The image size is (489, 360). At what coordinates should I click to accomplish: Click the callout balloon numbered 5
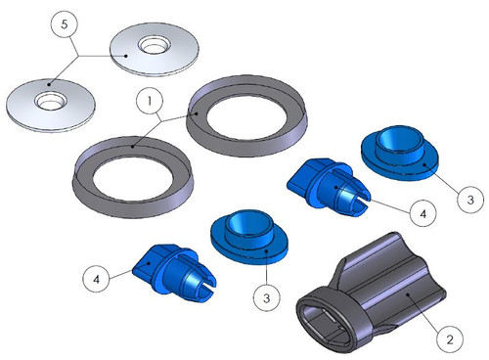65,24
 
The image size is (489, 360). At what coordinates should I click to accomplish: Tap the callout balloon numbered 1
150,101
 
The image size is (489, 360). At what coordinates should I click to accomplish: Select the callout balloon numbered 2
450,339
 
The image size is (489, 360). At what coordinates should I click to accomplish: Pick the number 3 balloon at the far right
470,200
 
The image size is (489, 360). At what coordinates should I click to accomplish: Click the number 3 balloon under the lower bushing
267,297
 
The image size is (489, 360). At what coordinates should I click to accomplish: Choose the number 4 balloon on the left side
96,279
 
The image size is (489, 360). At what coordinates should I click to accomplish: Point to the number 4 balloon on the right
422,213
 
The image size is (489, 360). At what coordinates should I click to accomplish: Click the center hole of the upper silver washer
153,46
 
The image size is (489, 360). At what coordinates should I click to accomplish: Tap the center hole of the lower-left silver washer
51,101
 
